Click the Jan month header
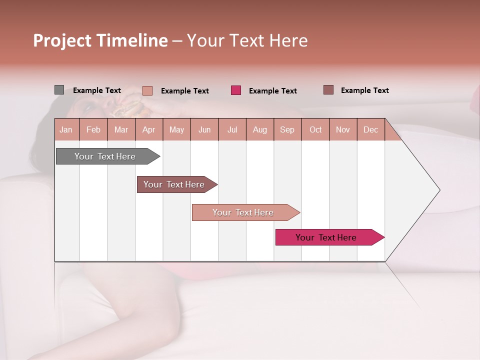[66, 129]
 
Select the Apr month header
[148, 129]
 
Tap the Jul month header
[232, 129]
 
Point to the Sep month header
[287, 129]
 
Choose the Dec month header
[370, 129]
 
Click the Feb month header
[93, 129]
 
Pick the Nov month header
[342, 129]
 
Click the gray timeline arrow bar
[105, 156]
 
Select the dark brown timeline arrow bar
[174, 184]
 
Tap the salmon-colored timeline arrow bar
[243, 212]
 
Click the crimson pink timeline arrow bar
[326, 237]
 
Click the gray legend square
[59, 90]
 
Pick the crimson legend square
[236, 90]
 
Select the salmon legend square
[147, 90]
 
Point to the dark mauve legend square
[328, 90]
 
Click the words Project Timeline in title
[100, 40]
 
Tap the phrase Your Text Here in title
[247, 40]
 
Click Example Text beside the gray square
[97, 90]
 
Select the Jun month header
[204, 129]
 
